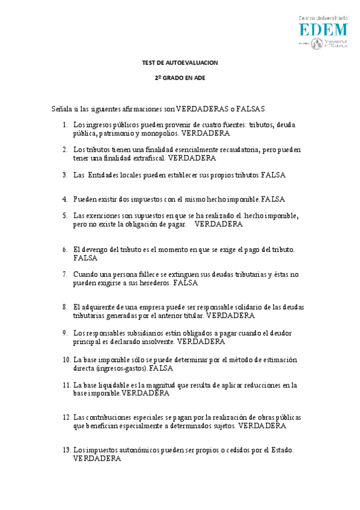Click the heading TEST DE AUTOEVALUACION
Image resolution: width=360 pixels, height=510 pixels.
(180, 63)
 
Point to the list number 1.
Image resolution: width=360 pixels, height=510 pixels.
(65, 124)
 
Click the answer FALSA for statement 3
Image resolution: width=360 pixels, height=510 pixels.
(273, 175)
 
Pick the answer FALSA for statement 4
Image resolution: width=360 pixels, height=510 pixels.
(273, 198)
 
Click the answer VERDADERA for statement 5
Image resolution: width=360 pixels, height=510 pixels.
(219, 224)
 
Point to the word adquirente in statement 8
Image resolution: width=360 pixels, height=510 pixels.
(100, 307)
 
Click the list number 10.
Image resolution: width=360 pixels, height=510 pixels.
(66, 360)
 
